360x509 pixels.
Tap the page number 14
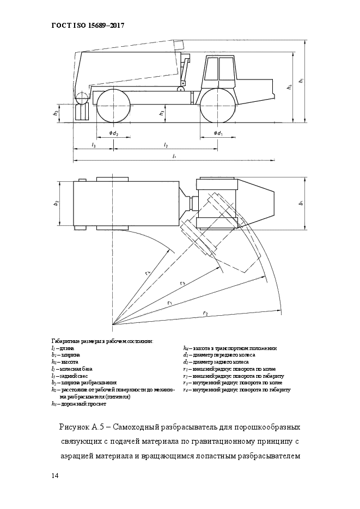coord(54,476)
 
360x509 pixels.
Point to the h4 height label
coord(289,87)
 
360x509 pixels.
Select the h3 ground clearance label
coord(161,113)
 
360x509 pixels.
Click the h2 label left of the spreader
coord(56,113)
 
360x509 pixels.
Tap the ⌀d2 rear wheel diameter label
coord(113,133)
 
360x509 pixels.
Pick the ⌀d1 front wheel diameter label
coord(218,133)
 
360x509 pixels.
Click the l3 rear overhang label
coord(94,145)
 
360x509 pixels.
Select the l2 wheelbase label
coord(166,145)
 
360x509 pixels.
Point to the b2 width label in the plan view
coord(56,204)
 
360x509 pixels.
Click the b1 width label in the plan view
coord(301,204)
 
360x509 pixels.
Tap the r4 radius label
coord(148,273)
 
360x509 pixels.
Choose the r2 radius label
coord(205,313)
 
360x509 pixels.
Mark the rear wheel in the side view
coord(113,106)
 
